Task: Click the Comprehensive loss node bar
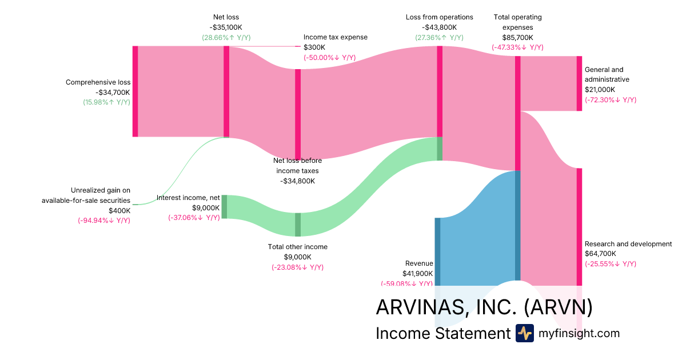[x=135, y=91]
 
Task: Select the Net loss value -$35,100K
[x=226, y=27]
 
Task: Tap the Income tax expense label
[x=335, y=37]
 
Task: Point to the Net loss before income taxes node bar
[x=298, y=114]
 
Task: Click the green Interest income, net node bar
[x=224, y=206]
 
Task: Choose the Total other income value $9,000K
[x=298, y=257]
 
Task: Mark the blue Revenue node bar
[x=438, y=251]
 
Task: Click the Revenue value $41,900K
[x=417, y=274]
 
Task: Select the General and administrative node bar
[x=579, y=83]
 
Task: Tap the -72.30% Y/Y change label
[x=610, y=100]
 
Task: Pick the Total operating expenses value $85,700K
[x=517, y=38]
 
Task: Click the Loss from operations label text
[x=439, y=17]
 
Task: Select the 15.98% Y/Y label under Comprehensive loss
[x=106, y=102]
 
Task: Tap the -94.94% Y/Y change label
[x=104, y=220]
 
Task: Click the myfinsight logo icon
[x=524, y=333]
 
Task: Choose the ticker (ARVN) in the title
[x=558, y=307]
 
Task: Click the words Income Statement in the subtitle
[x=442, y=333]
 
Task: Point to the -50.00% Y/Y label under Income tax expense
[x=329, y=58]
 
